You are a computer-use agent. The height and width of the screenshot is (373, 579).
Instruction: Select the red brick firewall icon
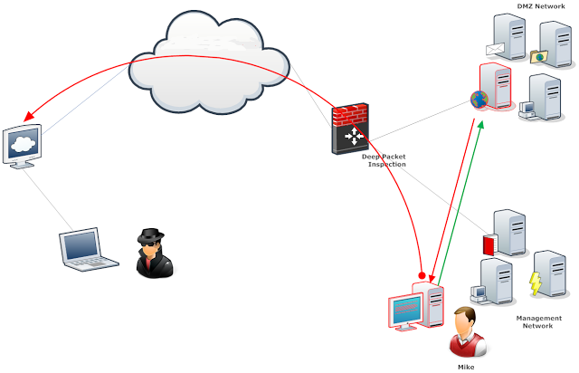coord(349,128)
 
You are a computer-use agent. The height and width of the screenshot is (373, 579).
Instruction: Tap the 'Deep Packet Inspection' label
coord(384,160)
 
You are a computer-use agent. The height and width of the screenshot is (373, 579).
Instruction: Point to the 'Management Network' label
coord(538,322)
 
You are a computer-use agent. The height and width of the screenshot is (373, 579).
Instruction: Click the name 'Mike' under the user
coord(467,367)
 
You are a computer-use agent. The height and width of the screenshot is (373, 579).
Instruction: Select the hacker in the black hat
coord(153,250)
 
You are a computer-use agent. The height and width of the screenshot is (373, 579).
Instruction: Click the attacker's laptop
coord(88,251)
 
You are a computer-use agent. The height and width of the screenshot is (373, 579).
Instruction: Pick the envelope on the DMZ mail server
coord(494,50)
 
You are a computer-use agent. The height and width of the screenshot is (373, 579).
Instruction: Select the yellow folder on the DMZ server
coord(540,57)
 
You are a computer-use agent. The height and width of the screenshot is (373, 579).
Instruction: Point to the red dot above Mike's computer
coord(422,273)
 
